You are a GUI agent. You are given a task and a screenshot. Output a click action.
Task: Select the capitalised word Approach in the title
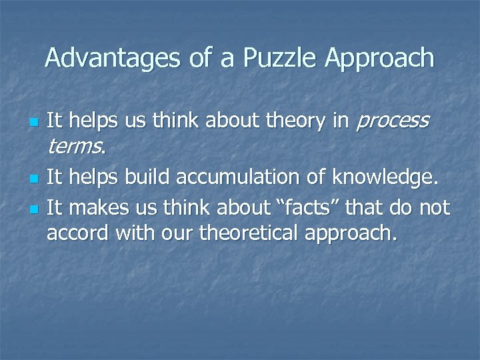[x=379, y=59]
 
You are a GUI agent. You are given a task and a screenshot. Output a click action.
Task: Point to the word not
[x=434, y=208]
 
